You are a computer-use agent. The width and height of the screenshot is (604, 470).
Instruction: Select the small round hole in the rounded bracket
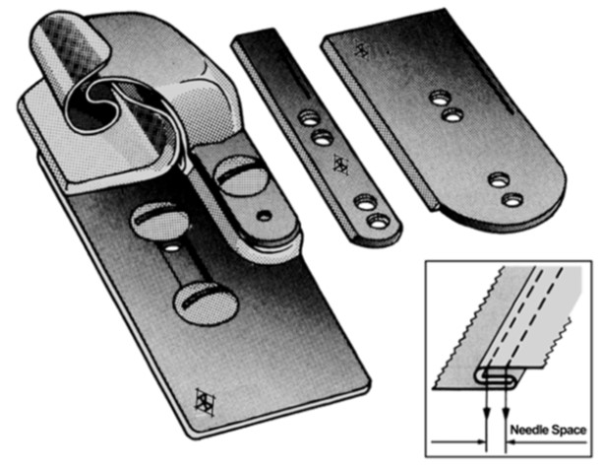click(265, 216)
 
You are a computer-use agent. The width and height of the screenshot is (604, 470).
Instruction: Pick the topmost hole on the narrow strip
click(309, 118)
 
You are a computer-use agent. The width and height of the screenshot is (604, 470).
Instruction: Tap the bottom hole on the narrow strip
click(378, 222)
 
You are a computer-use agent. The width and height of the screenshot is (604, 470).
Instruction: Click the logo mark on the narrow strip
click(341, 165)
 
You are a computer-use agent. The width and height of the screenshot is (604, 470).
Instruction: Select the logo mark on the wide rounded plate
click(362, 49)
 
